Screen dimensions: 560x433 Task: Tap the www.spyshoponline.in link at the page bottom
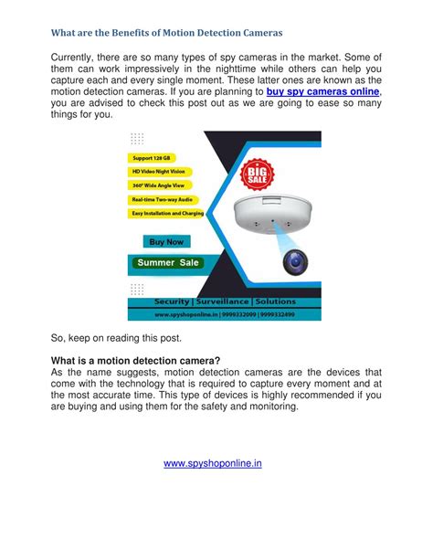click(x=213, y=463)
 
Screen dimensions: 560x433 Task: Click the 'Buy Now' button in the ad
click(x=166, y=242)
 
